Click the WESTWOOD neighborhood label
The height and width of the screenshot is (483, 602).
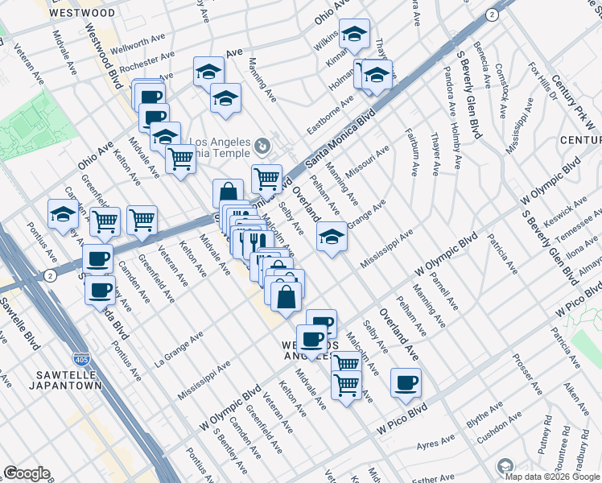(x=81, y=13)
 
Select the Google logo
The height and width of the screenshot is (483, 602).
(x=27, y=473)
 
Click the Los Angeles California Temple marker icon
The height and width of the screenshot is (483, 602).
(x=263, y=146)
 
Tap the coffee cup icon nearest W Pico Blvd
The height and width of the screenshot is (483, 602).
(x=406, y=382)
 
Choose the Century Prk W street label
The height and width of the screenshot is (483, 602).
(x=576, y=100)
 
